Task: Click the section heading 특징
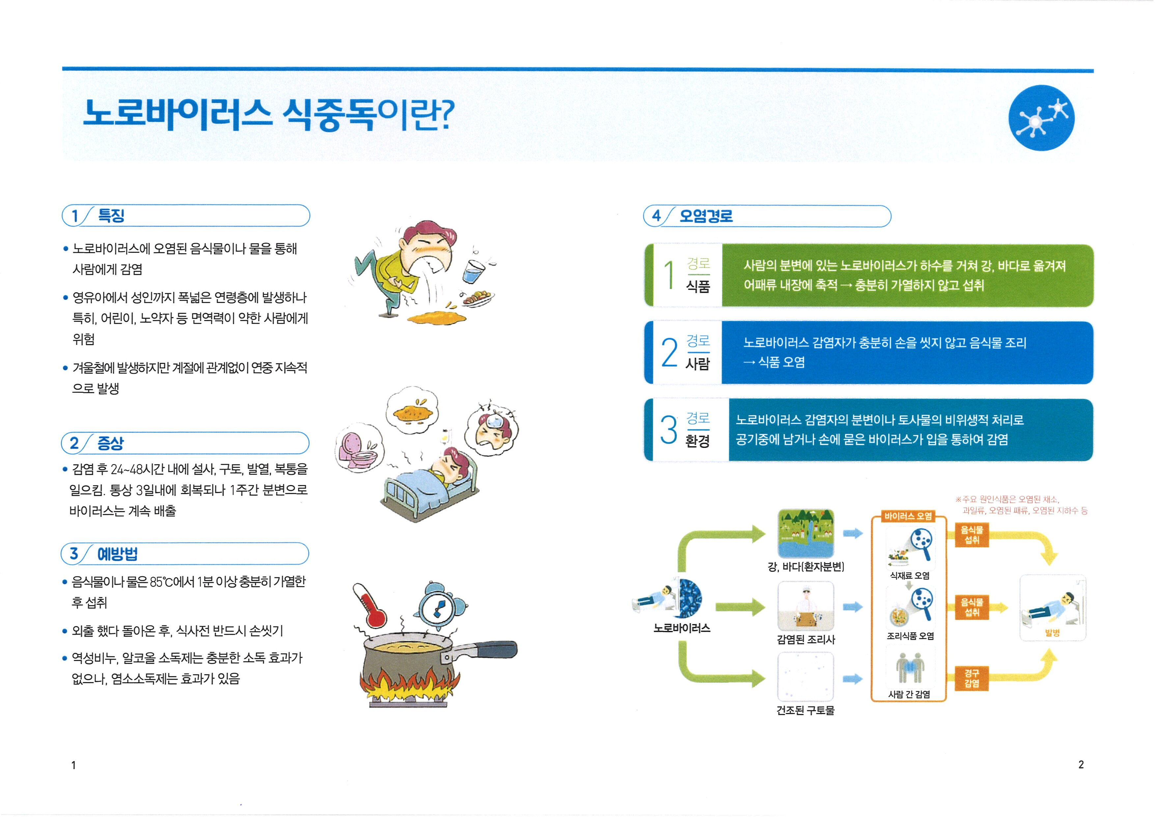pyautogui.click(x=111, y=216)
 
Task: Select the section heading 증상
pyautogui.click(x=110, y=443)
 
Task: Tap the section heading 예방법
pyautogui.click(x=117, y=554)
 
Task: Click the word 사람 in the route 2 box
pyautogui.click(x=698, y=363)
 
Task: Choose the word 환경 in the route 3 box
pyautogui.click(x=698, y=441)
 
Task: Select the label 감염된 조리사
pyautogui.click(x=805, y=639)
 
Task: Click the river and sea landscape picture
pyautogui.click(x=805, y=533)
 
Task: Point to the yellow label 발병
pyautogui.click(x=1052, y=633)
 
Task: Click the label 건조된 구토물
pyautogui.click(x=805, y=710)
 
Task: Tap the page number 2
pyautogui.click(x=1081, y=765)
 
